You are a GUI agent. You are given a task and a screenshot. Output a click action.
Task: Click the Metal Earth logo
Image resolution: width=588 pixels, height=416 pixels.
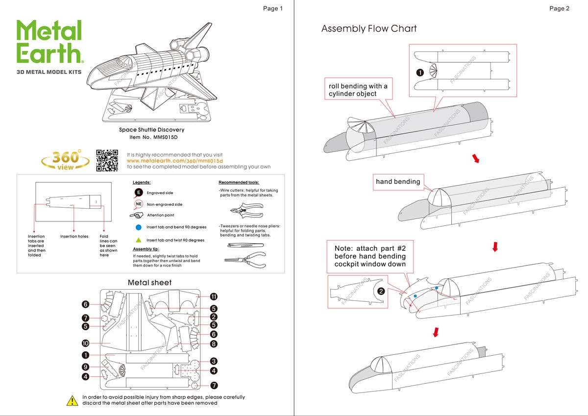[49, 43]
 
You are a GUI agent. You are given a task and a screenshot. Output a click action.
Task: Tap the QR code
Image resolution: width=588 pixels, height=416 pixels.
[107, 160]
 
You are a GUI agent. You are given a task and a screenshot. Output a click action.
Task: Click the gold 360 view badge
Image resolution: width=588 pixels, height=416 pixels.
[65, 159]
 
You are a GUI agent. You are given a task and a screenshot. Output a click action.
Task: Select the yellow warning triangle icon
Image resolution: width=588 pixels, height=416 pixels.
[72, 400]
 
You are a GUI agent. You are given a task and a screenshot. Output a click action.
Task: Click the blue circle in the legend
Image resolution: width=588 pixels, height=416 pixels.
[139, 227]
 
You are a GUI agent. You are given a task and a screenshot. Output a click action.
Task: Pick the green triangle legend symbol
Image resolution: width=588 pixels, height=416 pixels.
[139, 240]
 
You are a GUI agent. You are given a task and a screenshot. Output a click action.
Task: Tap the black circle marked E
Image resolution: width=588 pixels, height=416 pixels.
[139, 193]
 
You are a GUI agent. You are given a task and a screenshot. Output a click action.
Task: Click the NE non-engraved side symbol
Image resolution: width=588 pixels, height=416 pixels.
[139, 204]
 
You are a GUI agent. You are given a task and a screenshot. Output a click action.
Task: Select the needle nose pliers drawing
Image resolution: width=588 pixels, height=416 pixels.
[245, 260]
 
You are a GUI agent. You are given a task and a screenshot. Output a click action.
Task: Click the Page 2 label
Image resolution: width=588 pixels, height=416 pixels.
[559, 8]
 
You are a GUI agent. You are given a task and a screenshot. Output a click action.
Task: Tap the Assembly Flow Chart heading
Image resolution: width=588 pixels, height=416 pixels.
[369, 29]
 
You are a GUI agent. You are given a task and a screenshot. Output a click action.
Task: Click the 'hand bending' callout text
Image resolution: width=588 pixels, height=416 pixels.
[398, 182]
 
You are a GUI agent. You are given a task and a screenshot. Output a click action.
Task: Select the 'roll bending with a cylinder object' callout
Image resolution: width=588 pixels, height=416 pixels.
[358, 90]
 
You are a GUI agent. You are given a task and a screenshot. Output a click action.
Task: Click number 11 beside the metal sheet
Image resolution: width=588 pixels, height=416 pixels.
[214, 296]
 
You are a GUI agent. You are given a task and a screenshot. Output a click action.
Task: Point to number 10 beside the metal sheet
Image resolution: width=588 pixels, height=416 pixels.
[85, 343]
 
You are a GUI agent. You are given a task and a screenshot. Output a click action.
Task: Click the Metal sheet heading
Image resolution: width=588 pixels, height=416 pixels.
[149, 283]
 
